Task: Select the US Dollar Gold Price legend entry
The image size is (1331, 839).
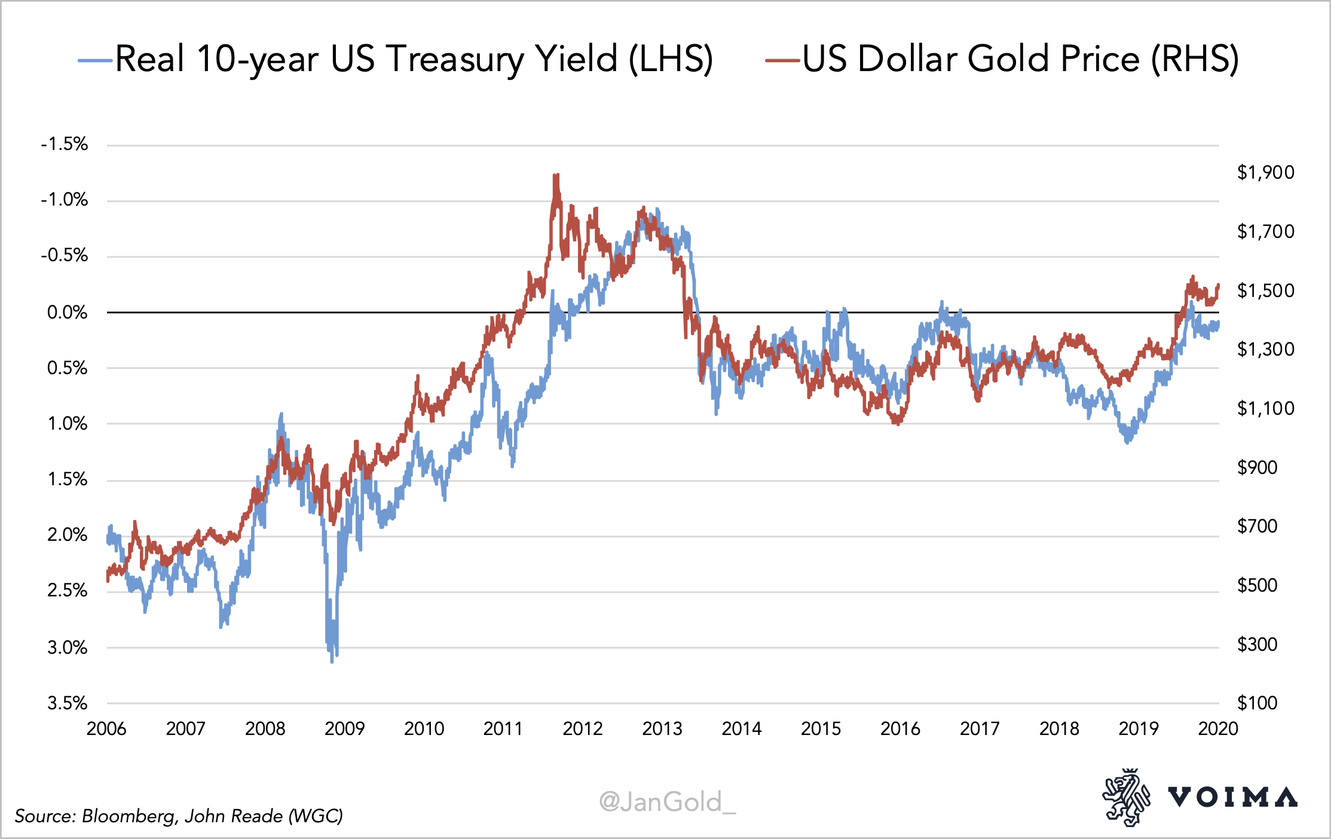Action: coord(1020,59)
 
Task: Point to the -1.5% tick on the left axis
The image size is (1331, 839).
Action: coord(65,144)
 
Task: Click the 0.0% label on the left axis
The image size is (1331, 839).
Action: coord(68,312)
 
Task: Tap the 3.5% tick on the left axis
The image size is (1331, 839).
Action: coord(68,703)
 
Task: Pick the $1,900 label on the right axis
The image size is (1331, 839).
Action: coord(1265,173)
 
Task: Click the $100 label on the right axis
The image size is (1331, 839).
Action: coord(1257,703)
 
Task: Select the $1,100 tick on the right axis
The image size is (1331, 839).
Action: coord(1265,409)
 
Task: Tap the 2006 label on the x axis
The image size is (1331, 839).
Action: coord(106,728)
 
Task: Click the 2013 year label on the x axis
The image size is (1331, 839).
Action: coord(662,728)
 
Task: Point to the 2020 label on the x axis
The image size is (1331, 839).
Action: coord(1218,728)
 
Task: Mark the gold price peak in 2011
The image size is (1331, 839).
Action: coord(556,176)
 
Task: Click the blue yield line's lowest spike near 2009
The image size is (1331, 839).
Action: coord(332,661)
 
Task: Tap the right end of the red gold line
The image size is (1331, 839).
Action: coord(1217,286)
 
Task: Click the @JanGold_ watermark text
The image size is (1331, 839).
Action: coord(667,801)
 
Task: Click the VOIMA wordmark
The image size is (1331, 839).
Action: coord(1232,797)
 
